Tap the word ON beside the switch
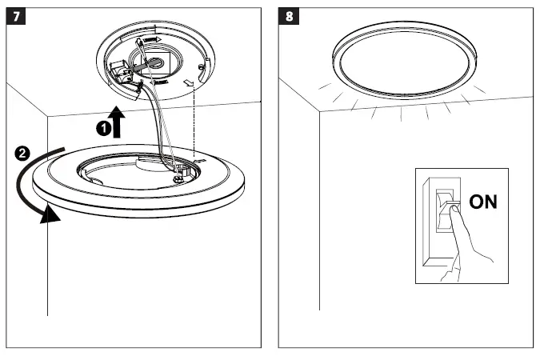[x=482, y=202]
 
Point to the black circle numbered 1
[x=102, y=127]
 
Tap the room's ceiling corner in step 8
[x=320, y=111]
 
